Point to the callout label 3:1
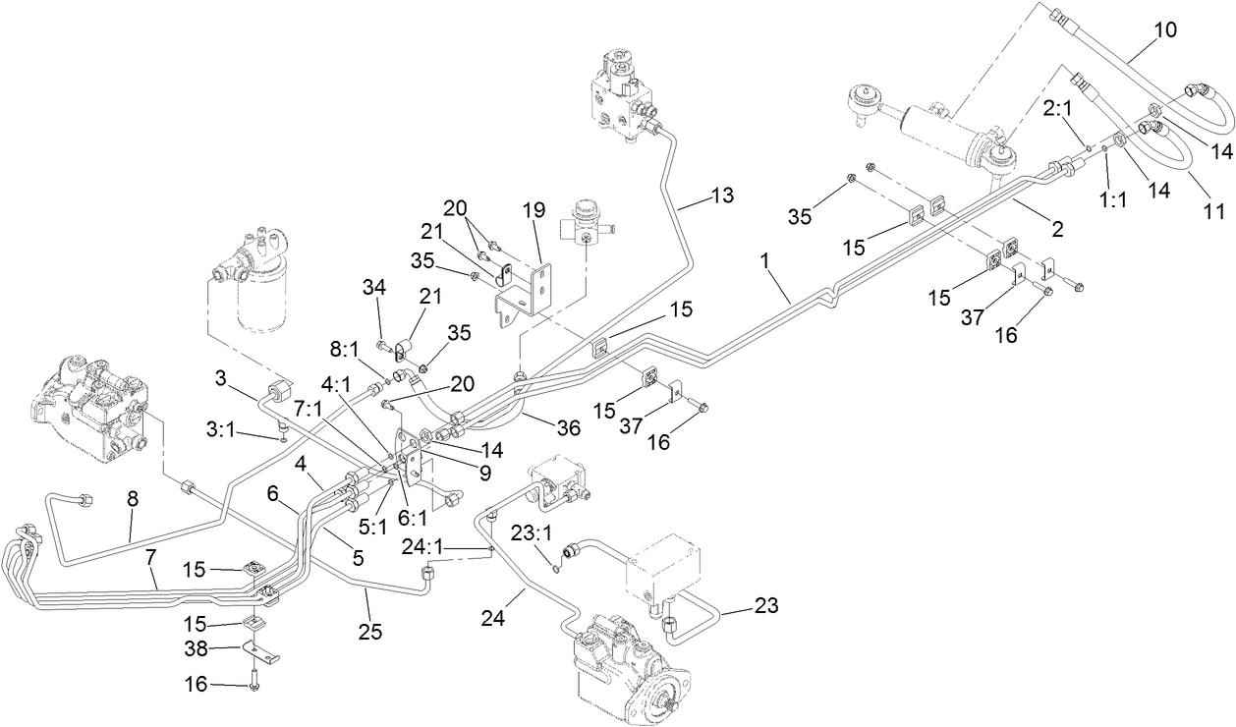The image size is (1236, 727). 227,429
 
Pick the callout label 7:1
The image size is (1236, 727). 308,406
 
